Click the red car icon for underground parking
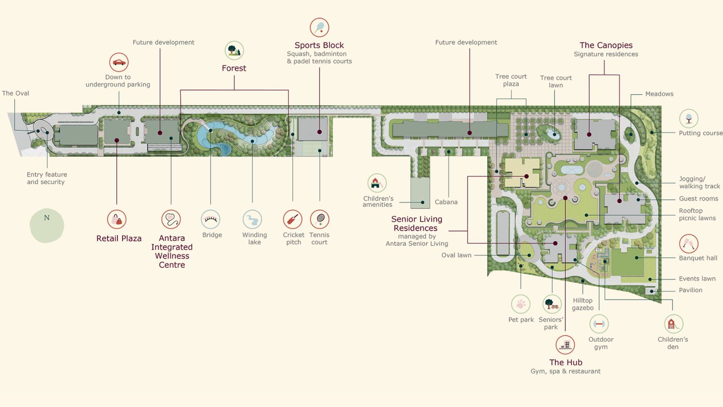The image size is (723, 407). tap(119, 62)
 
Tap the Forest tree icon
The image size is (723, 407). tap(234, 51)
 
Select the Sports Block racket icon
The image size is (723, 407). tap(319, 28)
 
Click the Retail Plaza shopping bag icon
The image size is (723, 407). tap(117, 220)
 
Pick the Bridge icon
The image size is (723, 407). tap(211, 220)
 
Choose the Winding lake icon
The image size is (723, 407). tap(252, 220)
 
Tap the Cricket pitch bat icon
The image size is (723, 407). tap(292, 220)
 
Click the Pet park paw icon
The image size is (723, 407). tap(521, 304)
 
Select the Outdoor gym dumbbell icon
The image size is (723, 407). tap(599, 324)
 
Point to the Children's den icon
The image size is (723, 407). tap(673, 324)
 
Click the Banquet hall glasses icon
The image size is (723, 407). tap(689, 244)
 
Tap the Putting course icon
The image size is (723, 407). tap(689, 119)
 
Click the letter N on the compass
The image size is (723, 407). tap(47, 218)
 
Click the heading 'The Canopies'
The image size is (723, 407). tap(606, 45)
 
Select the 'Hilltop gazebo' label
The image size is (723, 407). tap(583, 304)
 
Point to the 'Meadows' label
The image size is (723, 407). tap(659, 94)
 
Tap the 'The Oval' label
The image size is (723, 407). tap(16, 93)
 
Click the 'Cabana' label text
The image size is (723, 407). tap(446, 202)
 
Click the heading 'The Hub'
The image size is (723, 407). tap(566, 362)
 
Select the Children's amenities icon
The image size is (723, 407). tap(377, 183)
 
